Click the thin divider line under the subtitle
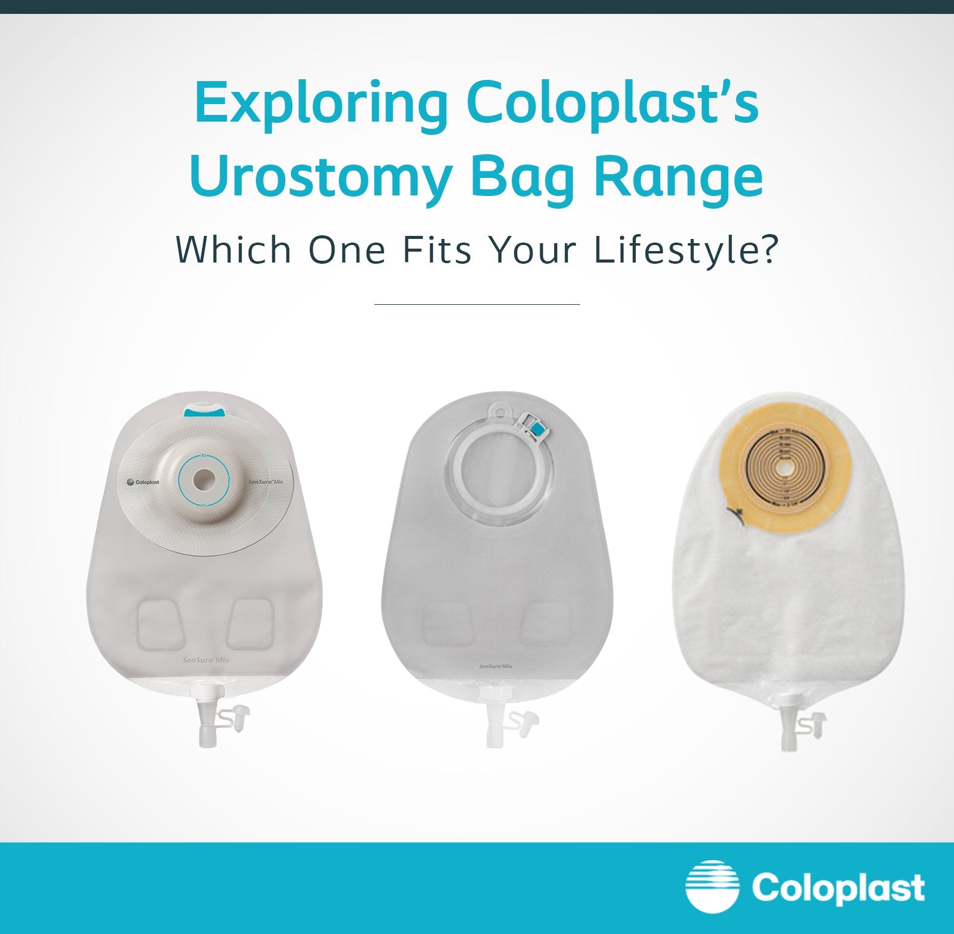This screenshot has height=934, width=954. click(x=477, y=304)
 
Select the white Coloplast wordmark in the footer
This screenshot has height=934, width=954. click(x=838, y=888)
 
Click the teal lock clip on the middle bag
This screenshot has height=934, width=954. click(x=535, y=430)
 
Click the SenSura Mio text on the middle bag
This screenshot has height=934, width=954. click(x=495, y=666)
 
